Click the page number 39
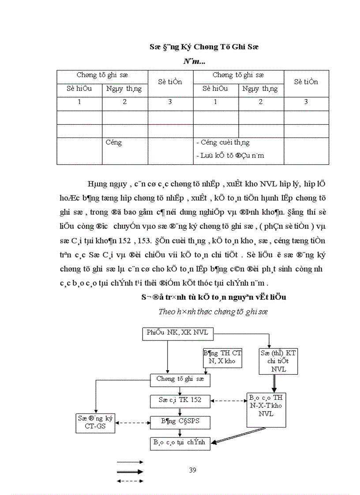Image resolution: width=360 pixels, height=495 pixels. click(x=192, y=470)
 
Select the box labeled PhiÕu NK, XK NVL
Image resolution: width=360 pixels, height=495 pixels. click(x=177, y=334)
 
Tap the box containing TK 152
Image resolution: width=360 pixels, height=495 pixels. click(x=180, y=400)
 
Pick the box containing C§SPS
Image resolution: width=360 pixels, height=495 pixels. click(x=180, y=422)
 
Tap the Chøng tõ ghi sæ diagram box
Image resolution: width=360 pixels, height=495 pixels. click(x=180, y=379)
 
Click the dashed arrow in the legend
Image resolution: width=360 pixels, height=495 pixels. click(x=130, y=481)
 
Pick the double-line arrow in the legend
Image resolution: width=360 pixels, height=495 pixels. click(x=130, y=472)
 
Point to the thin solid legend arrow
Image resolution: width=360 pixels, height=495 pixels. click(x=130, y=462)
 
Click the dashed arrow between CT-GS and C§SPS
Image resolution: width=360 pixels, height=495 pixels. click(x=133, y=423)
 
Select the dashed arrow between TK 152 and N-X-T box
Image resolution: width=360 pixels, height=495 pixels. click(x=228, y=401)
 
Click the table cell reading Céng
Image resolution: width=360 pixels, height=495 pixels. click(x=114, y=143)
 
